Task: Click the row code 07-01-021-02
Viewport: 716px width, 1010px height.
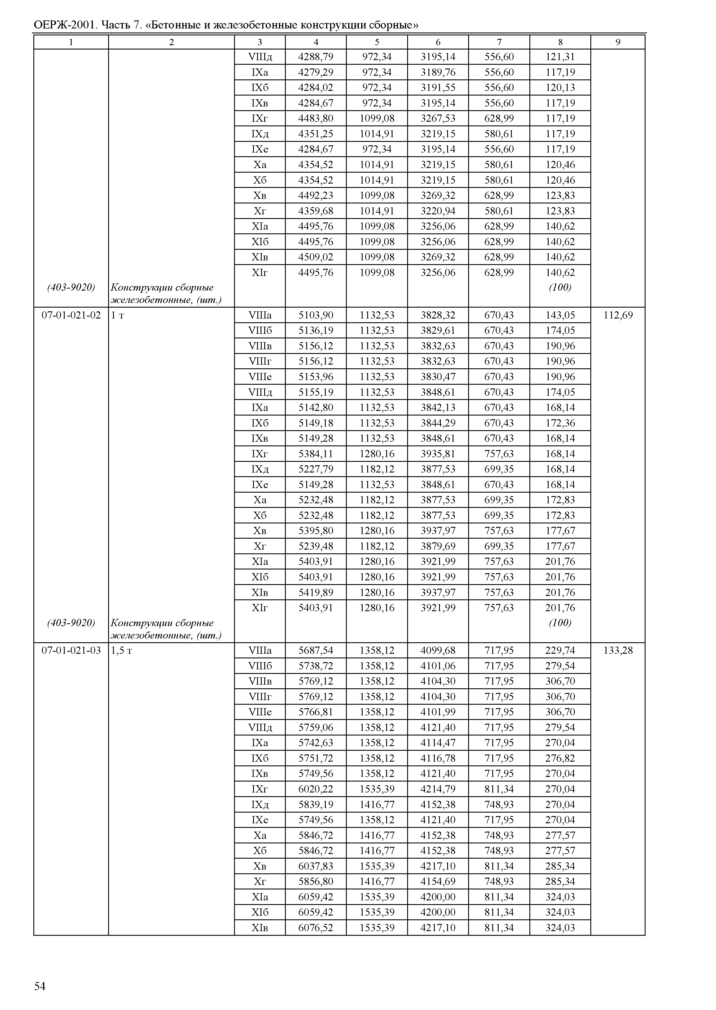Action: (71, 315)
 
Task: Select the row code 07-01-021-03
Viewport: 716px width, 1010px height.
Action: (71, 650)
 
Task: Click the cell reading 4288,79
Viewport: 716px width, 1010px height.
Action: (316, 56)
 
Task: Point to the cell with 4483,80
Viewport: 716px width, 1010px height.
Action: (316, 118)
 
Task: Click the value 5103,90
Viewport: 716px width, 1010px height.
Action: (316, 315)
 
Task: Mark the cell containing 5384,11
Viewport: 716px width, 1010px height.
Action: (316, 453)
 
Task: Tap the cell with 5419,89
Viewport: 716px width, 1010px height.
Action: (316, 592)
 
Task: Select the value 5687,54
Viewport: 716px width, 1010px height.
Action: (316, 650)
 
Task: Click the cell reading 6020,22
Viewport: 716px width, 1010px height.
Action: (316, 789)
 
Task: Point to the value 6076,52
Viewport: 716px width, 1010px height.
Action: (316, 927)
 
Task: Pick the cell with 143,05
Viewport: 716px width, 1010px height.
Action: (560, 315)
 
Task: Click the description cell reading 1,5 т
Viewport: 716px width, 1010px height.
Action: (121, 650)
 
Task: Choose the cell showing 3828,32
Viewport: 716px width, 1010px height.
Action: (438, 315)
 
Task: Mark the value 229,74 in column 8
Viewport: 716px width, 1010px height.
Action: (560, 650)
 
